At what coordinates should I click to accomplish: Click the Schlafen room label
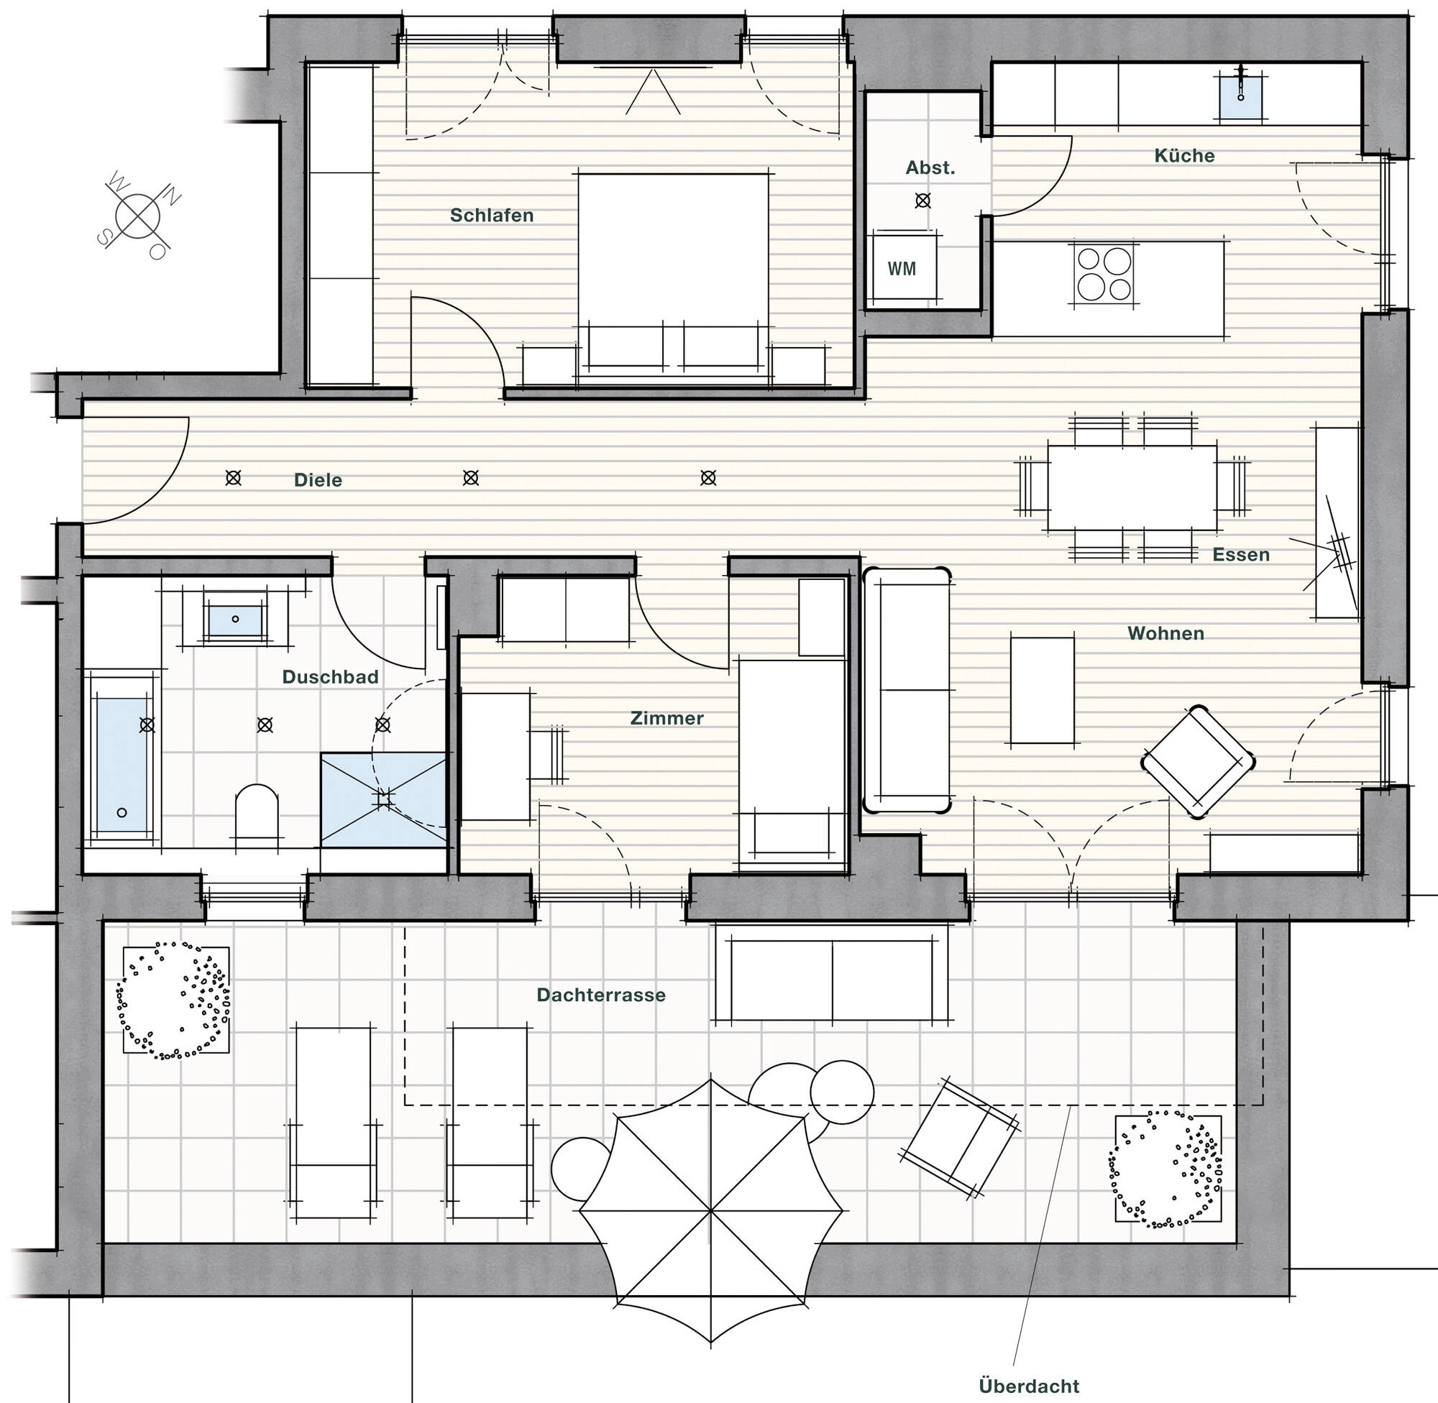492,215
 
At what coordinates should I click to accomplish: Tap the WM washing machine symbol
902,268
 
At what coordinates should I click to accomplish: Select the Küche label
1183,155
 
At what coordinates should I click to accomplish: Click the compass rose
138,215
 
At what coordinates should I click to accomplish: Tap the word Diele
318,479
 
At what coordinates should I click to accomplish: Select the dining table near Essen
1132,487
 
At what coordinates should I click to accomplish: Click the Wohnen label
1165,633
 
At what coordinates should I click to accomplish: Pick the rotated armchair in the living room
1197,762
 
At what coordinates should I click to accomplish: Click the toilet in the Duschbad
257,811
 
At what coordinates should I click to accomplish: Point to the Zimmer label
667,718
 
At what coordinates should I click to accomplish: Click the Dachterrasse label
600,995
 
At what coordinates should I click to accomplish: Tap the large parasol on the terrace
710,1210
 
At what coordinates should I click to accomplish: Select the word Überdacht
1028,1385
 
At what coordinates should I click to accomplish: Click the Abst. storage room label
930,168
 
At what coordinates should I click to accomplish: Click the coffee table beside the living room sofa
1041,691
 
